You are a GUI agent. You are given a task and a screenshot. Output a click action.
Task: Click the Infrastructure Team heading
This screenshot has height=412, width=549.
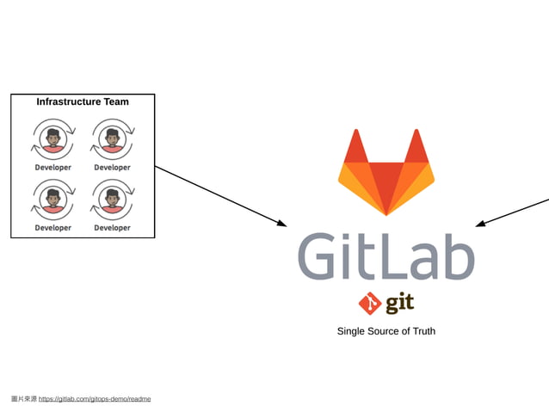[x=83, y=101]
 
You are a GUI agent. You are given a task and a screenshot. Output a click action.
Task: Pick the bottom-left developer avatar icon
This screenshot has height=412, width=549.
[x=53, y=200]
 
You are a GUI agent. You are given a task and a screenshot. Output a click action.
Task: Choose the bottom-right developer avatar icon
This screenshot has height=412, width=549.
[x=112, y=200]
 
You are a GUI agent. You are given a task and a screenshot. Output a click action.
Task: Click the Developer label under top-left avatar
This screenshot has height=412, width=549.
[x=53, y=168]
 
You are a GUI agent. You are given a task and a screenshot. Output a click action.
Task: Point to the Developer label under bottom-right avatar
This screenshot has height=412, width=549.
[x=112, y=228]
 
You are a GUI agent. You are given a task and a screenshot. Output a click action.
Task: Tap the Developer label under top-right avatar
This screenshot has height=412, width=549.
[x=112, y=168]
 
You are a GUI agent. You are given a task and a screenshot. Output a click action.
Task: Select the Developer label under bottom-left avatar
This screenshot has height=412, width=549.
[x=53, y=228]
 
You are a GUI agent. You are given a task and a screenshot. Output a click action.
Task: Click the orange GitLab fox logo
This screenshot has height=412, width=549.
[x=386, y=171]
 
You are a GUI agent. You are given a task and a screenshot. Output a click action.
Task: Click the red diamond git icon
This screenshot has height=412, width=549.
[x=370, y=304]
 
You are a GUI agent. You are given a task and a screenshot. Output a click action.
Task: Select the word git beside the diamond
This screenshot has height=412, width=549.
[x=399, y=304]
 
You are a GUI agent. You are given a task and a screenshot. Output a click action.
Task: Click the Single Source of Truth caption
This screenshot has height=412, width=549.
[x=386, y=331]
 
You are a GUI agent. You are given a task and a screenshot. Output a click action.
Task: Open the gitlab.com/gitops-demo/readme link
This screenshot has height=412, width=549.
[x=95, y=399]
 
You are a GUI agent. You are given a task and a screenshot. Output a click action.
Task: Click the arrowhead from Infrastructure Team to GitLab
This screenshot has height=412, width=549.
[x=282, y=224]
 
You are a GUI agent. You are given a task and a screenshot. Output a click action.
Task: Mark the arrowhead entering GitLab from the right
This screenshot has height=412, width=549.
[x=479, y=224]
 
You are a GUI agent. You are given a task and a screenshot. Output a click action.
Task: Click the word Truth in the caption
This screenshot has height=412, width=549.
[x=421, y=331]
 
